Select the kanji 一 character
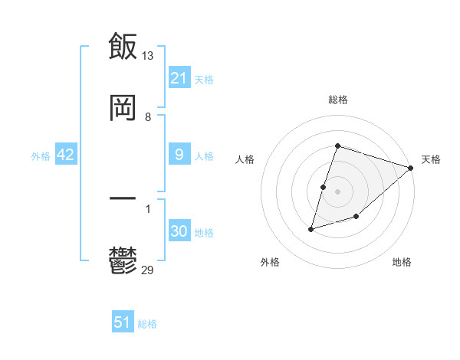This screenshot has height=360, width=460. [123, 198]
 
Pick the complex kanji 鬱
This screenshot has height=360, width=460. [123, 263]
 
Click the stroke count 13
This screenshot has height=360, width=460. [148, 55]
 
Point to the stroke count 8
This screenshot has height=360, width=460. [147, 117]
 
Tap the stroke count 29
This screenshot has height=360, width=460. [148, 270]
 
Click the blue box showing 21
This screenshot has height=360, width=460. [179, 78]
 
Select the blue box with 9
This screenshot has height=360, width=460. [179, 155]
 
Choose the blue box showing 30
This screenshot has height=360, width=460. [179, 231]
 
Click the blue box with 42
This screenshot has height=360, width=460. [65, 155]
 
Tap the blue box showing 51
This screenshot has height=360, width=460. [123, 322]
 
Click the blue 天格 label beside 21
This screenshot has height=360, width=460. [204, 79]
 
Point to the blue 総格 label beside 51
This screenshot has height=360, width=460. [147, 324]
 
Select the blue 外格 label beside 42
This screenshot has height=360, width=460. [41, 155]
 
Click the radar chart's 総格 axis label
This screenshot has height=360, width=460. [338, 100]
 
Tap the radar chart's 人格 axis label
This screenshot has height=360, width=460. [245, 159]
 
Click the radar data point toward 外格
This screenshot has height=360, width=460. [311, 228]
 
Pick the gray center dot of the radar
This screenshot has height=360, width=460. [338, 191]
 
